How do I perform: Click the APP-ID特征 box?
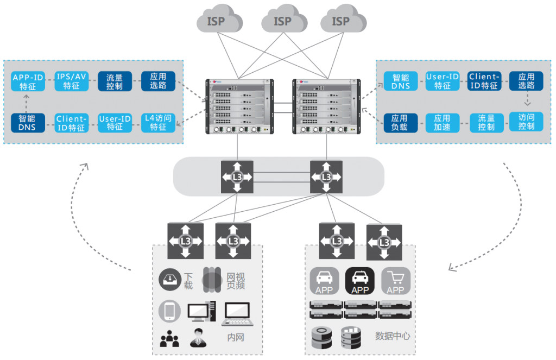[28, 82]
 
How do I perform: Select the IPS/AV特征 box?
[71, 81]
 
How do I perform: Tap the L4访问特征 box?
[158, 122]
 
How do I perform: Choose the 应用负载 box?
[400, 123]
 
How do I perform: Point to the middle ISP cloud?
[282, 22]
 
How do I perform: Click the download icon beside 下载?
[170, 280]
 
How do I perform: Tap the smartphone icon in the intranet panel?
[170, 311]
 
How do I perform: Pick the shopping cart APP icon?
[395, 281]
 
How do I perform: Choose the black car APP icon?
[360, 281]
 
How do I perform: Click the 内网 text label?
[236, 338]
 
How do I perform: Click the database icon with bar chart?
[351, 337]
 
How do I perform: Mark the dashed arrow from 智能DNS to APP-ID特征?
[26, 102]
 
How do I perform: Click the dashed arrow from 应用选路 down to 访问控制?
[526, 100]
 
